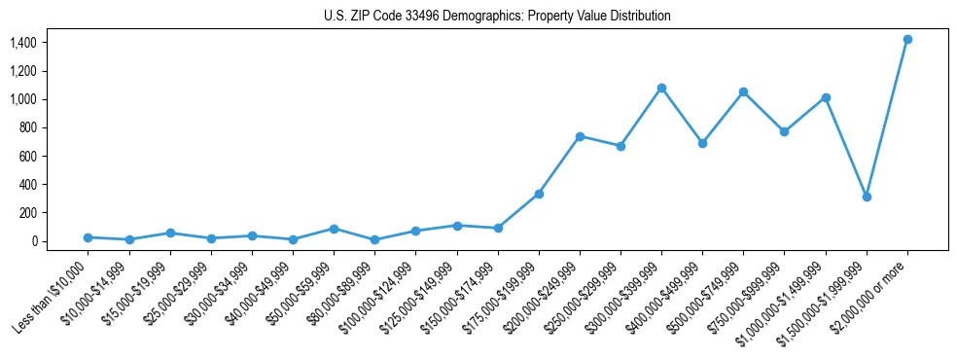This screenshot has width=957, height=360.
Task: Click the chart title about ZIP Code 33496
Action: click(497, 17)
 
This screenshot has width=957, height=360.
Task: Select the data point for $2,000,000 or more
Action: click(907, 39)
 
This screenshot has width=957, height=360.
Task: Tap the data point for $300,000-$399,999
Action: click(661, 88)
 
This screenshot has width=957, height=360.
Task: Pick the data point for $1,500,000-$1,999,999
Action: click(867, 197)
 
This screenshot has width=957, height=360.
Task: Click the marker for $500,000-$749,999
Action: click(743, 91)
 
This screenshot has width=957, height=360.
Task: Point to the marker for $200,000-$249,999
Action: click(580, 136)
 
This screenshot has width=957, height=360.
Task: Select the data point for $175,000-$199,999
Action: click(539, 194)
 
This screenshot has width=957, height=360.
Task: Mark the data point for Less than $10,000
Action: click(88, 237)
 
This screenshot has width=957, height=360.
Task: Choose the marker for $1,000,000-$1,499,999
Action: click(826, 97)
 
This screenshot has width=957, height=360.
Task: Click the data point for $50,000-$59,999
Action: click(334, 229)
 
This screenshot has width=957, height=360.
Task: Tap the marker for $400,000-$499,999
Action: click(702, 143)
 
